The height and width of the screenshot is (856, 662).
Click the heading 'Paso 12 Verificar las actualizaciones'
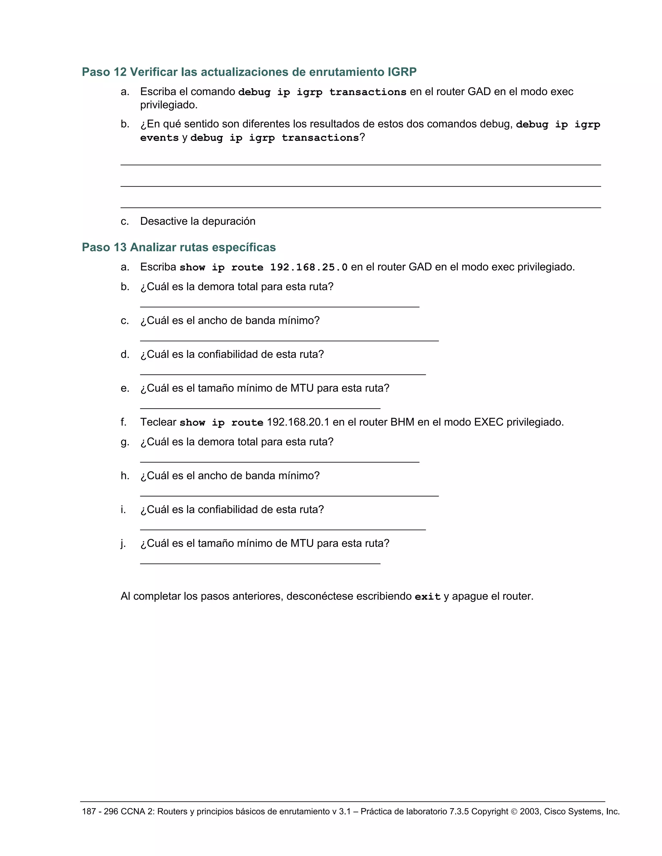click(x=249, y=72)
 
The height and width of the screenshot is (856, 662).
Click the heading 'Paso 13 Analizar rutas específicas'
click(x=178, y=247)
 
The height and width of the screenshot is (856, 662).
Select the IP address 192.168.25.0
click(x=309, y=267)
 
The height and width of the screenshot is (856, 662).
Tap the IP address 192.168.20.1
click(x=298, y=422)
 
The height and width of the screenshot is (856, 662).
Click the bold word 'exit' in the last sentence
click(x=427, y=597)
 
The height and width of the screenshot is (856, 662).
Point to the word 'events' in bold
click(x=159, y=138)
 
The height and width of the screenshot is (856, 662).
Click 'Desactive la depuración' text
click(x=198, y=222)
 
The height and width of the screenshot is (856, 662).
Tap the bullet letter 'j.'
click(x=123, y=544)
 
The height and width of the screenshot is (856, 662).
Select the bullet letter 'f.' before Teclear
click(x=123, y=422)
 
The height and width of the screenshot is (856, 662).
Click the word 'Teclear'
click(x=158, y=422)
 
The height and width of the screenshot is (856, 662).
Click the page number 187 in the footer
click(x=89, y=812)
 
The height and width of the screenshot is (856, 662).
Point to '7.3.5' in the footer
click(x=458, y=812)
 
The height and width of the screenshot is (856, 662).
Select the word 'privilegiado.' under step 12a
click(x=169, y=105)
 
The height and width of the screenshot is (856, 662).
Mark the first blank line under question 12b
click(x=360, y=165)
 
